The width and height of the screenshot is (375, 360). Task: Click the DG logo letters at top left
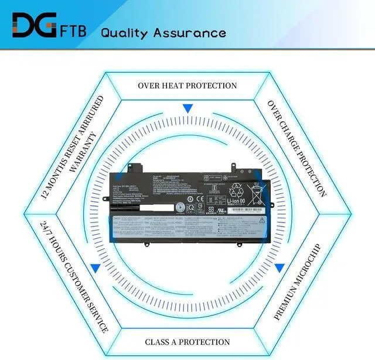[33, 26]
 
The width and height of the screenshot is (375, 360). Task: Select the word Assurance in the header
[190, 32]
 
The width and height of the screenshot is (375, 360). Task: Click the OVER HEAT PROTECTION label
[187, 85]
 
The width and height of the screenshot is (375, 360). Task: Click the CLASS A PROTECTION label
[187, 342]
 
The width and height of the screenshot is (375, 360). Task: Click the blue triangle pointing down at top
[187, 109]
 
